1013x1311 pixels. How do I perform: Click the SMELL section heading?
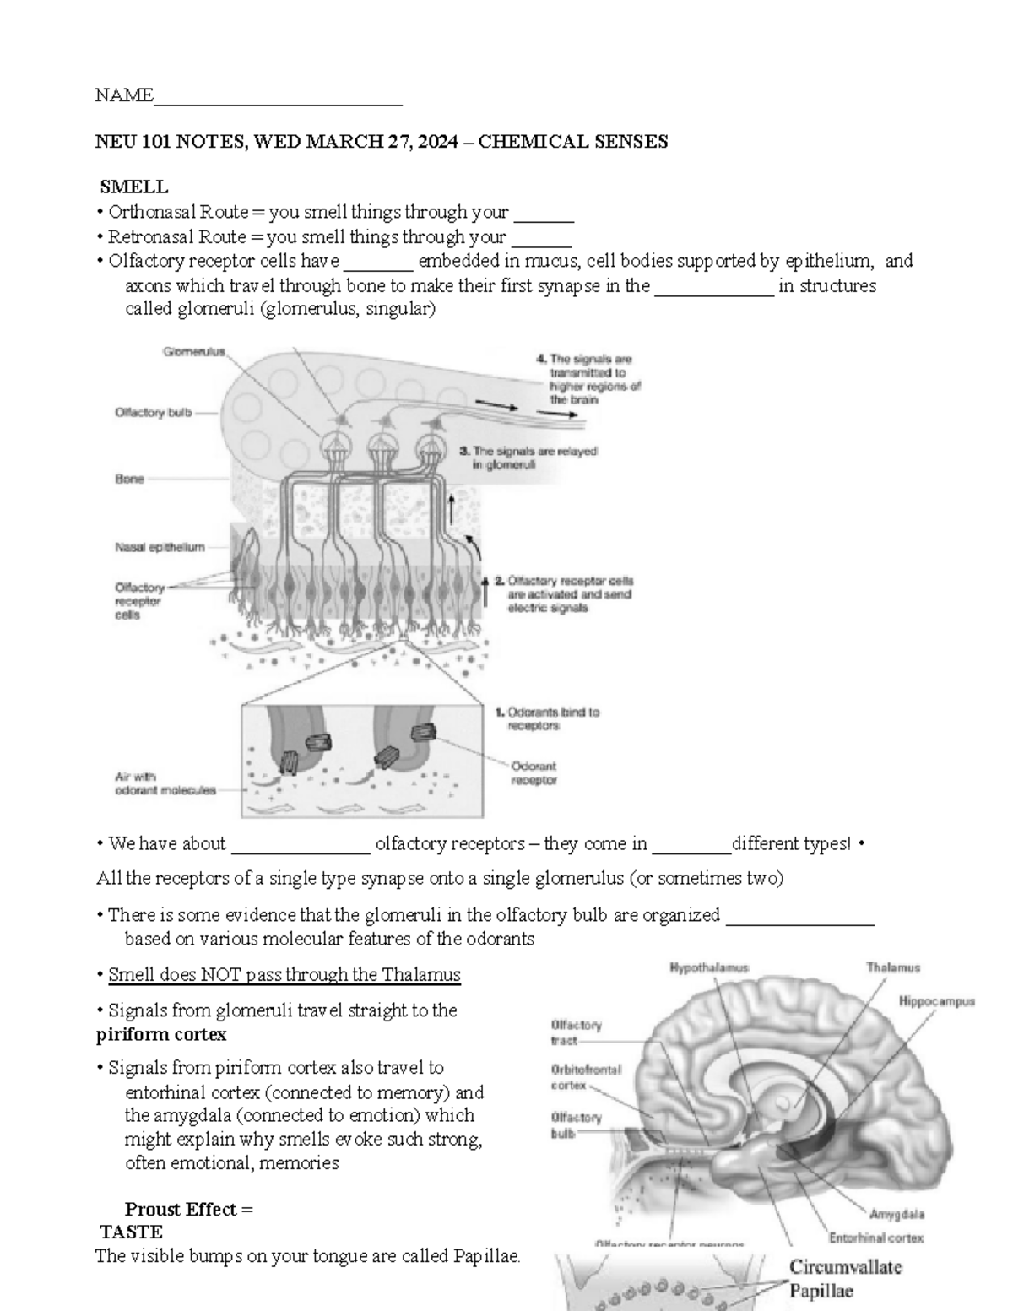[x=134, y=187]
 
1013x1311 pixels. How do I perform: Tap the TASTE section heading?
[x=131, y=1232]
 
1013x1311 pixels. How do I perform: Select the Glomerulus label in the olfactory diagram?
[x=194, y=353]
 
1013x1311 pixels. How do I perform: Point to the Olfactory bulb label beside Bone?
[x=153, y=413]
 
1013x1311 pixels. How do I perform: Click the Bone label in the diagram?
[x=129, y=479]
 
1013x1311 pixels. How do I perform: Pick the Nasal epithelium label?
[x=160, y=547]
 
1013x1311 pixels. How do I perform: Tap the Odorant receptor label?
[x=534, y=773]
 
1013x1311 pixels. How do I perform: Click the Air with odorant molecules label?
[x=165, y=783]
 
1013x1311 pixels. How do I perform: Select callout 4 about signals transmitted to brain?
[x=588, y=379]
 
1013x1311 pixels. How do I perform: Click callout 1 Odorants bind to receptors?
[x=546, y=718]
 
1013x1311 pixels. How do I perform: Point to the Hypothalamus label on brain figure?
[x=708, y=968]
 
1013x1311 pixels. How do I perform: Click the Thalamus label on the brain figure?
[x=892, y=968]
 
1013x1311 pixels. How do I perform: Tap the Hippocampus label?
[x=936, y=1001]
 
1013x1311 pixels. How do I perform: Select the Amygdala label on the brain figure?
[x=897, y=1214]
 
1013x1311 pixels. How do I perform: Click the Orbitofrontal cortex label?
[x=586, y=1076]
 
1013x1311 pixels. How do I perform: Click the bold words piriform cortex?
[x=161, y=1034]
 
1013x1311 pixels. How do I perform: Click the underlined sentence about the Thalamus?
[x=284, y=975]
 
